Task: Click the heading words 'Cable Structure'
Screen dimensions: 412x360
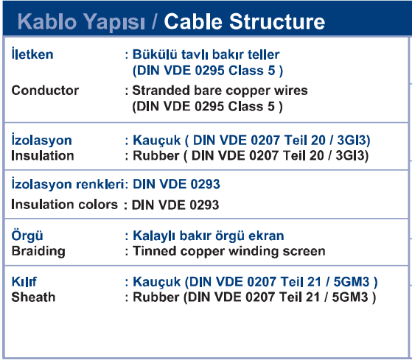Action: click(x=245, y=21)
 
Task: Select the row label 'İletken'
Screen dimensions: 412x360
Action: click(x=32, y=54)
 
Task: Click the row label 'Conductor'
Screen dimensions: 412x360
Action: click(x=45, y=91)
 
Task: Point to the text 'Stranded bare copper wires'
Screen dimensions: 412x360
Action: click(x=220, y=91)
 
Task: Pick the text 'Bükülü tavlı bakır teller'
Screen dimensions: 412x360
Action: click(x=206, y=54)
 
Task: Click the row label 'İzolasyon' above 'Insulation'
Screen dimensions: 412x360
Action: click(x=41, y=139)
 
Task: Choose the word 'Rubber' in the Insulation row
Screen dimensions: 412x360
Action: click(x=156, y=155)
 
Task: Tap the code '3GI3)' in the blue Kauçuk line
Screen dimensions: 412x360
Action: click(x=354, y=140)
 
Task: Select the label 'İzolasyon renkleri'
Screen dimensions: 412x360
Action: click(x=68, y=184)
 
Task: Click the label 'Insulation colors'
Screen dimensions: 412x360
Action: click(x=64, y=205)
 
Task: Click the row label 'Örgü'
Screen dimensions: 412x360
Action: click(x=27, y=236)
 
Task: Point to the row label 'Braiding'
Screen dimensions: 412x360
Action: click(x=38, y=251)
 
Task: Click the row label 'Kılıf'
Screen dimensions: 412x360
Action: click(x=24, y=282)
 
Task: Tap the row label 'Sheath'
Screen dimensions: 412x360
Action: click(x=33, y=297)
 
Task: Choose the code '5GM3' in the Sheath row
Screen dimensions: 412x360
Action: click(x=350, y=297)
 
